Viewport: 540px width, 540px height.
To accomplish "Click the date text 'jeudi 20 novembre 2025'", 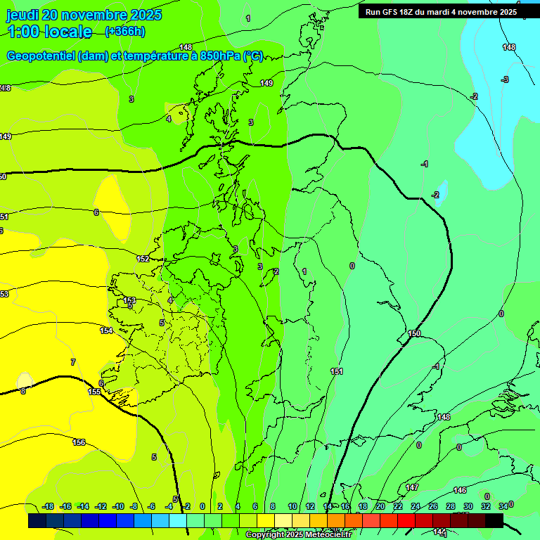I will pyautogui.click(x=84, y=15).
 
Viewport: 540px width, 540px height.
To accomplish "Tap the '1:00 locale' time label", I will pyautogui.click(x=50, y=32).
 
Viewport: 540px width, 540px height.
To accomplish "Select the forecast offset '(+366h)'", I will pyautogui.click(x=124, y=31).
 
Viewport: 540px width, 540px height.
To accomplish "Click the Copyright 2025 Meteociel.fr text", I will pyautogui.click(x=298, y=535).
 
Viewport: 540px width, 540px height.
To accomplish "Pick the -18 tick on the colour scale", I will pyautogui.click(x=48, y=506).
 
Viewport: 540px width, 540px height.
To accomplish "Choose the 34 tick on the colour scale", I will pyautogui.click(x=503, y=506).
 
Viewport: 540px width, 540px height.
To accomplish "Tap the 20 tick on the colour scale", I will pyautogui.click(x=380, y=506).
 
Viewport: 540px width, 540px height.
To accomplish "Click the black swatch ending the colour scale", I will pyautogui.click(x=494, y=520).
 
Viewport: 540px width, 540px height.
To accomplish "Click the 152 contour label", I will pyautogui.click(x=143, y=259).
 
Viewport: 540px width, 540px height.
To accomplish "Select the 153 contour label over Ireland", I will pyautogui.click(x=129, y=300).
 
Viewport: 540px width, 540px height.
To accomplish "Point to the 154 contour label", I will pyautogui.click(x=106, y=330).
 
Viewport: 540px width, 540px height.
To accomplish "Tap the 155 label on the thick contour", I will pyautogui.click(x=94, y=392).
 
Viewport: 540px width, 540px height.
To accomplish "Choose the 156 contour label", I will pyautogui.click(x=79, y=442).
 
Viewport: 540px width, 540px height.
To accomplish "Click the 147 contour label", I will pyautogui.click(x=412, y=487).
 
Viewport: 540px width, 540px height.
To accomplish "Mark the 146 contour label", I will pyautogui.click(x=459, y=490).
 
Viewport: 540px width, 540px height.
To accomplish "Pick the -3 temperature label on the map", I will pyautogui.click(x=505, y=79).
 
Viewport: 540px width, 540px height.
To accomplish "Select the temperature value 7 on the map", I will pyautogui.click(x=72, y=362).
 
